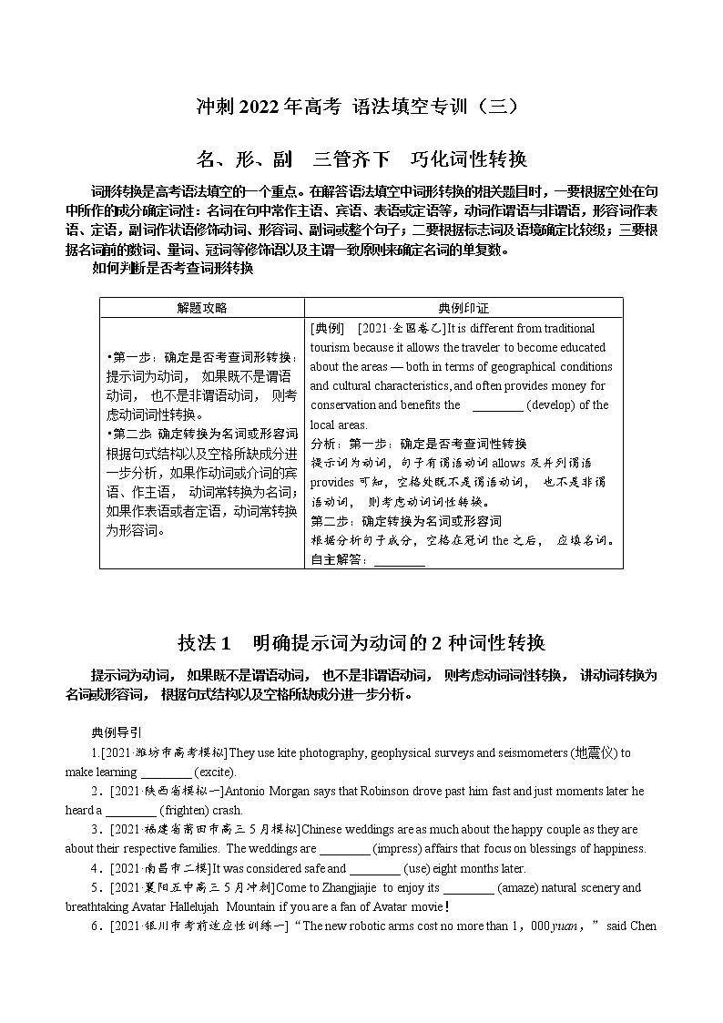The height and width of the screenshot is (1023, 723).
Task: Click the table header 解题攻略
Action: (x=202, y=308)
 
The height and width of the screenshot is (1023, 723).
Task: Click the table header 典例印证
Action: (x=463, y=308)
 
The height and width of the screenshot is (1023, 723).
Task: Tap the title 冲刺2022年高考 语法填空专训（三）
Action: (x=361, y=107)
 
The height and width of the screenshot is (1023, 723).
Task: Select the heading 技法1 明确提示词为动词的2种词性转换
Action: (x=361, y=643)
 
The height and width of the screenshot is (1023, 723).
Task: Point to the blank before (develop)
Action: (x=498, y=405)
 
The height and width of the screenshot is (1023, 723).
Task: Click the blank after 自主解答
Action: (x=400, y=560)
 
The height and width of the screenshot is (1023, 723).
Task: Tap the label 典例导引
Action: (x=117, y=732)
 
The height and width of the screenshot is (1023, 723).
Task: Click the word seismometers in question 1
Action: (x=524, y=752)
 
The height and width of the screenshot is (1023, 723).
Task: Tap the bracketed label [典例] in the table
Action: (x=327, y=328)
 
